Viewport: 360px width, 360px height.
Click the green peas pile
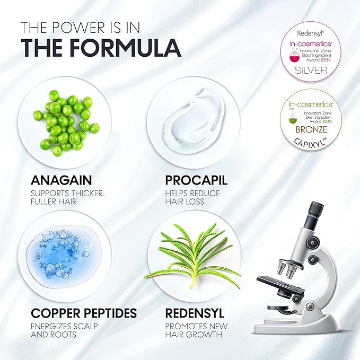click(64, 119)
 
